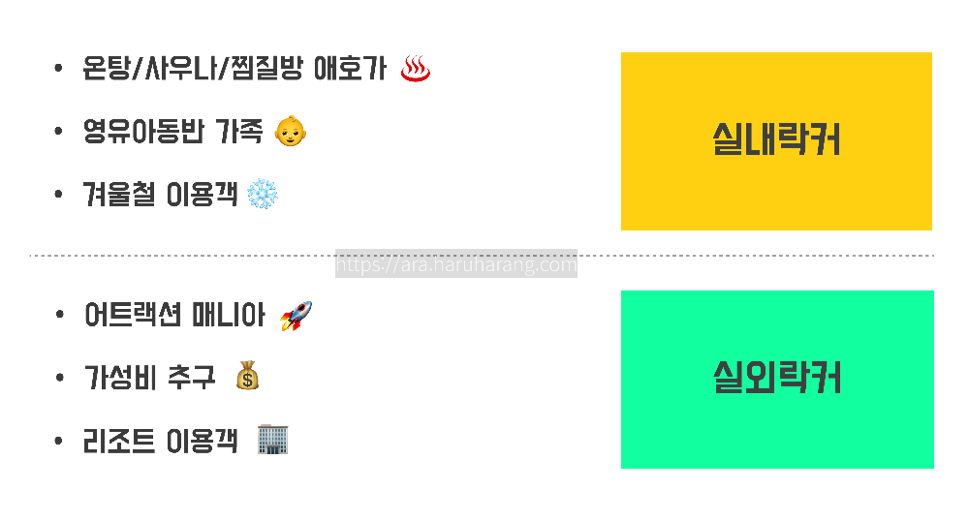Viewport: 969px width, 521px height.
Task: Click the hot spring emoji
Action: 416,69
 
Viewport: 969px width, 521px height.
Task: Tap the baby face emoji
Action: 290,132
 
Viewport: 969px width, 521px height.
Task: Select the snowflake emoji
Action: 263,195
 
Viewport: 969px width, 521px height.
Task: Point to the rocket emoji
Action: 296,316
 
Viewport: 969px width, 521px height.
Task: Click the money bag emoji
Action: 247,377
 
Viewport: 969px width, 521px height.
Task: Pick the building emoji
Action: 273,441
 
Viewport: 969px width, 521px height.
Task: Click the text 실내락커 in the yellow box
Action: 776,140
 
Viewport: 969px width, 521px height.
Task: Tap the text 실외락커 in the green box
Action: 776,378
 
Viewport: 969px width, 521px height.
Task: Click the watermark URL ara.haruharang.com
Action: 455,264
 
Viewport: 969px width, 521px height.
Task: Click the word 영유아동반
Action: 143,133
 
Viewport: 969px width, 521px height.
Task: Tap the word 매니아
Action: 230,317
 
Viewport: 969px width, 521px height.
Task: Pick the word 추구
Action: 191,378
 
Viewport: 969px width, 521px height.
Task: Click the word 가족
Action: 237,133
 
